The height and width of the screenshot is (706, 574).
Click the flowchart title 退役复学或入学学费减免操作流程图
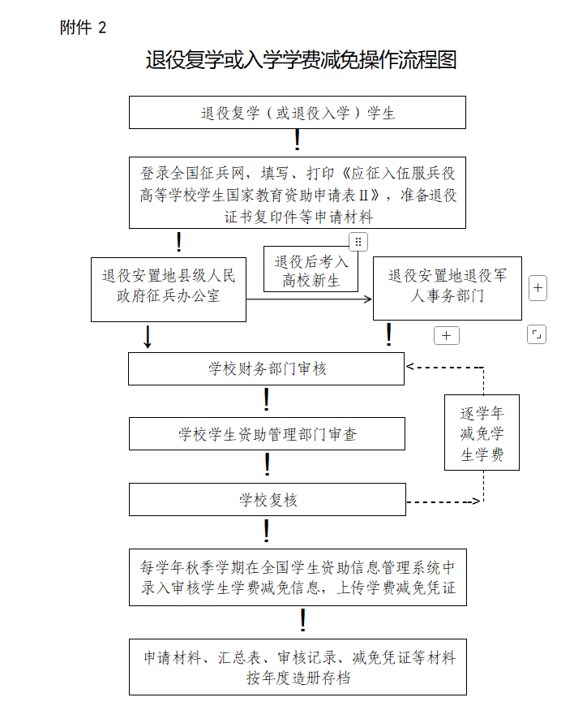pos(301,60)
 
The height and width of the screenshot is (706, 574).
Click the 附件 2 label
pos(83,28)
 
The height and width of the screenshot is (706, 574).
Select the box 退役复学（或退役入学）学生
pos(298,113)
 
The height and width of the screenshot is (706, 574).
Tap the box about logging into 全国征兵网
pos(298,195)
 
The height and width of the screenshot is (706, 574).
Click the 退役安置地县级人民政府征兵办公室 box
pos(168,288)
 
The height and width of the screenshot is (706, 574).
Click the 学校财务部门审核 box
pos(266,369)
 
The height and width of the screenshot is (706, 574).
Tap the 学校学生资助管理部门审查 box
pos(267,434)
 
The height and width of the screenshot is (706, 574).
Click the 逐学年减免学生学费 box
pos(482,433)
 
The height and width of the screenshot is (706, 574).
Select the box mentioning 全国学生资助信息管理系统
pos(298,577)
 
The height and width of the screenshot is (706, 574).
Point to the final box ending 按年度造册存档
pos(298,667)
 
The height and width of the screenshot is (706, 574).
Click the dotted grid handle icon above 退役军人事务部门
pos(358,242)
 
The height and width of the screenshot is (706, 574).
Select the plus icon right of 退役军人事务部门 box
pos(538,288)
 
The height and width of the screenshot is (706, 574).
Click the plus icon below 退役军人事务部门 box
pos(447,335)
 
